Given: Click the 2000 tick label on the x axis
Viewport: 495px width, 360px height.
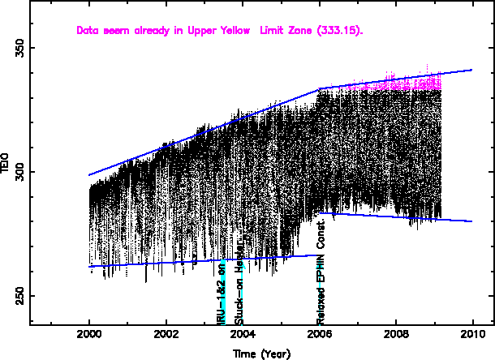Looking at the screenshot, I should tap(89, 333).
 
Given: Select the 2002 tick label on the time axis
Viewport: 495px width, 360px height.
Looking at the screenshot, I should tap(166, 333).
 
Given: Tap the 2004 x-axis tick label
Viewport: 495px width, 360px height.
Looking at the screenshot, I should tap(243, 333).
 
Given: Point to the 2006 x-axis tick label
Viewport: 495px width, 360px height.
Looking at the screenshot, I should tap(320, 333).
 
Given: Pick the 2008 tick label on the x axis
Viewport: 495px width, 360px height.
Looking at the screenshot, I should tap(396, 333).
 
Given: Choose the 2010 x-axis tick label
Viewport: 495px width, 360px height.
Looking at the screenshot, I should tap(472, 333).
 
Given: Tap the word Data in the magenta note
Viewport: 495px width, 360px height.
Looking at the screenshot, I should tap(87, 31).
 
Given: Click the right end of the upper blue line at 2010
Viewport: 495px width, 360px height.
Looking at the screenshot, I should tap(471, 70).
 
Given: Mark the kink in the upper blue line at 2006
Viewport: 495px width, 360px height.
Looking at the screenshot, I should tap(320, 88).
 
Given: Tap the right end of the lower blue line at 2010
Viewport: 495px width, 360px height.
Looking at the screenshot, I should tap(471, 221).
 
